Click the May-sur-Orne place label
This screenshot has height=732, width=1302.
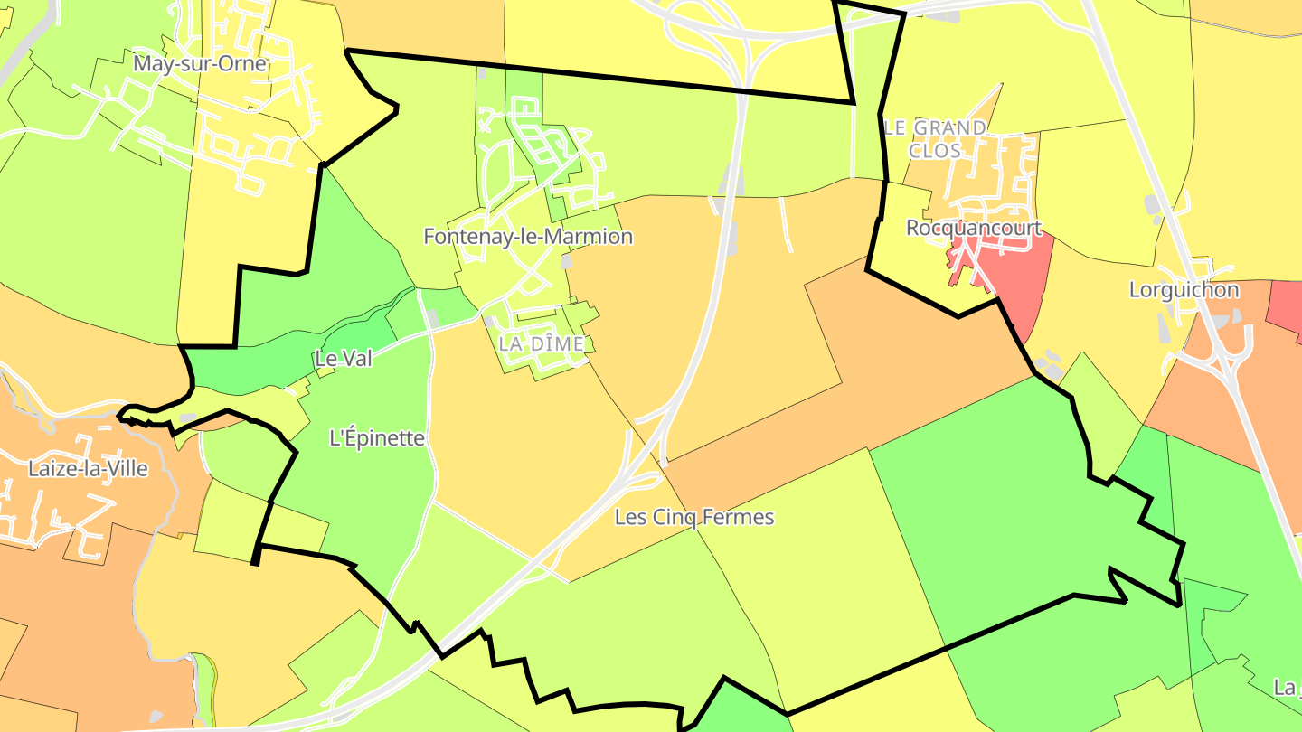click(x=200, y=63)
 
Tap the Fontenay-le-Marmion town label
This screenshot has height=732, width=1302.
click(x=528, y=237)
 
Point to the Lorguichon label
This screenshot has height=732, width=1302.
click(x=1184, y=290)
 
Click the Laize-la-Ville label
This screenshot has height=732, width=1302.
click(x=88, y=468)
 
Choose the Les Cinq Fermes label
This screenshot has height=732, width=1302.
click(x=694, y=517)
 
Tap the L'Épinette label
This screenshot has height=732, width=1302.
click(x=377, y=438)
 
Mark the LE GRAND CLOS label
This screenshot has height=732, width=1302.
click(x=934, y=138)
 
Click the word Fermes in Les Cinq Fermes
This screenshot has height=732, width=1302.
click(x=741, y=517)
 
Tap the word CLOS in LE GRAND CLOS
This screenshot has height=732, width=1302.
click(x=934, y=151)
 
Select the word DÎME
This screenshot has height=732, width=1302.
click(x=559, y=343)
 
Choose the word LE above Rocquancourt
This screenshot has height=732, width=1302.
click(x=894, y=127)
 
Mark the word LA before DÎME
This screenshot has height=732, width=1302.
click(x=511, y=343)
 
